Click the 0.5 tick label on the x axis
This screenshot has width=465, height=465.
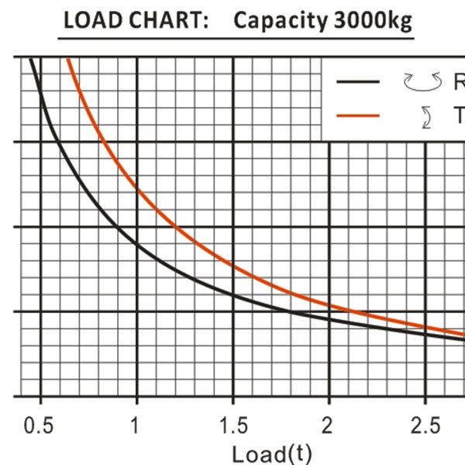tap(40, 425)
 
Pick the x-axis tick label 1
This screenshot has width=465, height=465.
tap(136, 425)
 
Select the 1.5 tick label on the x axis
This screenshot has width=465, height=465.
tap(233, 425)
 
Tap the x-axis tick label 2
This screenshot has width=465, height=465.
tap(329, 425)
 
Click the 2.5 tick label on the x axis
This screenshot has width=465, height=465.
tap(425, 425)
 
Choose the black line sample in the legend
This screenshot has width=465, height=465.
tap(359, 81)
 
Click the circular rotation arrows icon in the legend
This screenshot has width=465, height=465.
tap(422, 80)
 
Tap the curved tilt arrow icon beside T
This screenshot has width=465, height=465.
tap(425, 117)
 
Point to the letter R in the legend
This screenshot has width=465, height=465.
tap(458, 81)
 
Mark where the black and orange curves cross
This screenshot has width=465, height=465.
tap(291, 312)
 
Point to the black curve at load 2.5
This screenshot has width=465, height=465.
tap(425, 332)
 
